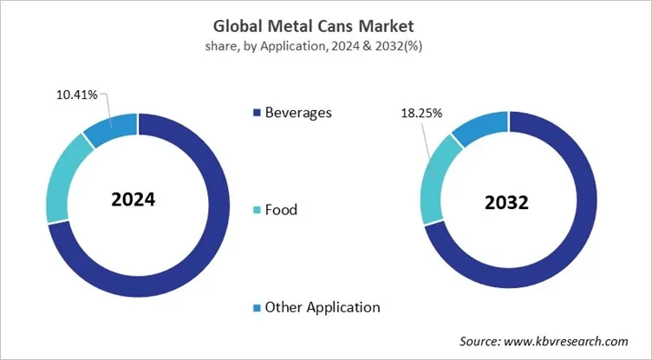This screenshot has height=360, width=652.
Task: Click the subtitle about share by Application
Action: click(x=325, y=45)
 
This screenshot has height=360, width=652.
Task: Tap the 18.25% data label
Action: click(x=421, y=113)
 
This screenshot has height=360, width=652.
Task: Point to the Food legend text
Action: click(x=281, y=209)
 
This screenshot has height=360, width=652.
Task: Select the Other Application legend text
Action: click(x=322, y=306)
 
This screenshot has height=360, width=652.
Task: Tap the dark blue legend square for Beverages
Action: click(x=256, y=113)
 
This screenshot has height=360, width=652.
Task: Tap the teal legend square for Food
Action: click(x=256, y=210)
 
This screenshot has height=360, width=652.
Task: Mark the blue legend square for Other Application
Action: click(x=256, y=307)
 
